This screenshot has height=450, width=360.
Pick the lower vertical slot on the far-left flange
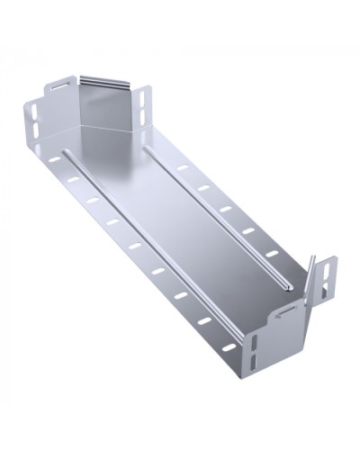[34, 134]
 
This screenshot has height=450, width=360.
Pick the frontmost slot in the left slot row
[206, 321]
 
